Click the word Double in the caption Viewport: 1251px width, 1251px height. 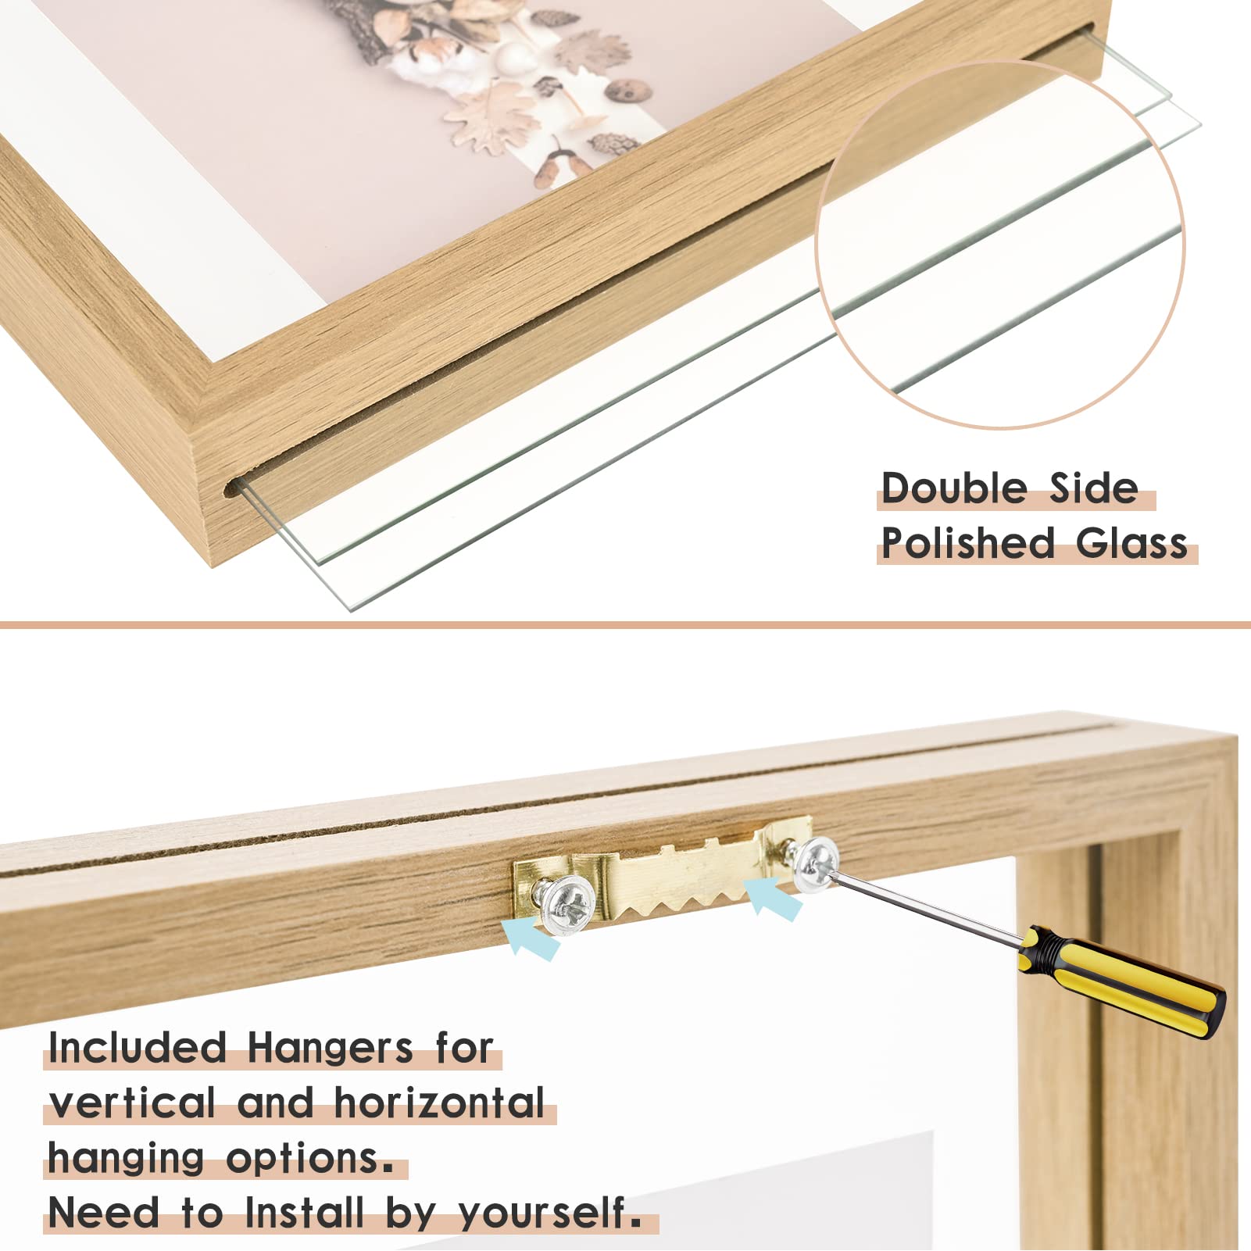click(x=954, y=488)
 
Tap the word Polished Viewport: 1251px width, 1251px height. click(x=968, y=543)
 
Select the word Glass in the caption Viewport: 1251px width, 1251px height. click(x=1131, y=543)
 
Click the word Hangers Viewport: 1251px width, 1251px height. click(x=330, y=1047)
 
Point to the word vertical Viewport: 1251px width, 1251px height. click(x=132, y=1103)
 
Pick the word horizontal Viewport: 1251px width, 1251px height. click(x=439, y=1103)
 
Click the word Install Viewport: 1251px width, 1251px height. click(x=305, y=1213)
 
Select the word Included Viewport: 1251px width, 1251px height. click(x=138, y=1047)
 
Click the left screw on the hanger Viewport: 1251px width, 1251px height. click(x=569, y=905)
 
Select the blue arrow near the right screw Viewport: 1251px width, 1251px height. click(x=773, y=899)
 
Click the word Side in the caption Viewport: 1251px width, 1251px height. click(x=1093, y=488)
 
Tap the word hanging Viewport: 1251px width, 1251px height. click(x=126, y=1159)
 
